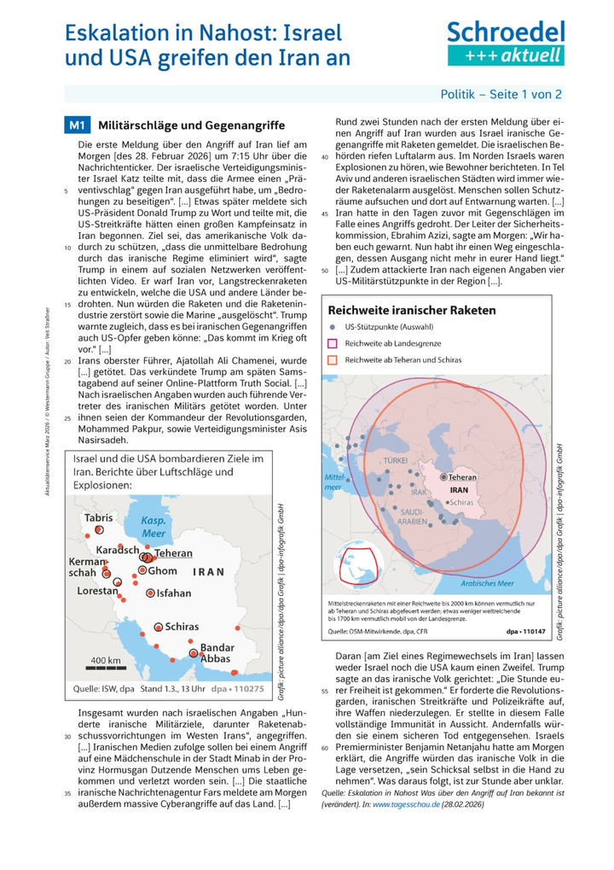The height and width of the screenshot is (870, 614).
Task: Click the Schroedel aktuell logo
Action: pos(506,44)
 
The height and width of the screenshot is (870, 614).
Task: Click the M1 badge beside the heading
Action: pos(77,126)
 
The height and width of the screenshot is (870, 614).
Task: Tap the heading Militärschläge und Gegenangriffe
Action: pos(166,126)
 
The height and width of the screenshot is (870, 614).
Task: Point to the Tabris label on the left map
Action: pos(98,517)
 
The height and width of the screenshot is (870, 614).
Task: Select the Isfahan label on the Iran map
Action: pos(173,593)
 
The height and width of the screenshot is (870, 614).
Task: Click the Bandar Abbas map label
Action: pos(215,653)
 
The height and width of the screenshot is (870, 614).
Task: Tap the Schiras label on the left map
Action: pos(182,626)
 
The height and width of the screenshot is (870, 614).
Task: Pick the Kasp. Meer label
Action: pos(153,527)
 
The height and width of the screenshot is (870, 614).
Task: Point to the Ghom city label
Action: pos(162,570)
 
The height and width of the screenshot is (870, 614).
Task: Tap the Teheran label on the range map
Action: pos(463,477)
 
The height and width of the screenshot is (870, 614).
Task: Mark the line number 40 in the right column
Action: pos(325,158)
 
